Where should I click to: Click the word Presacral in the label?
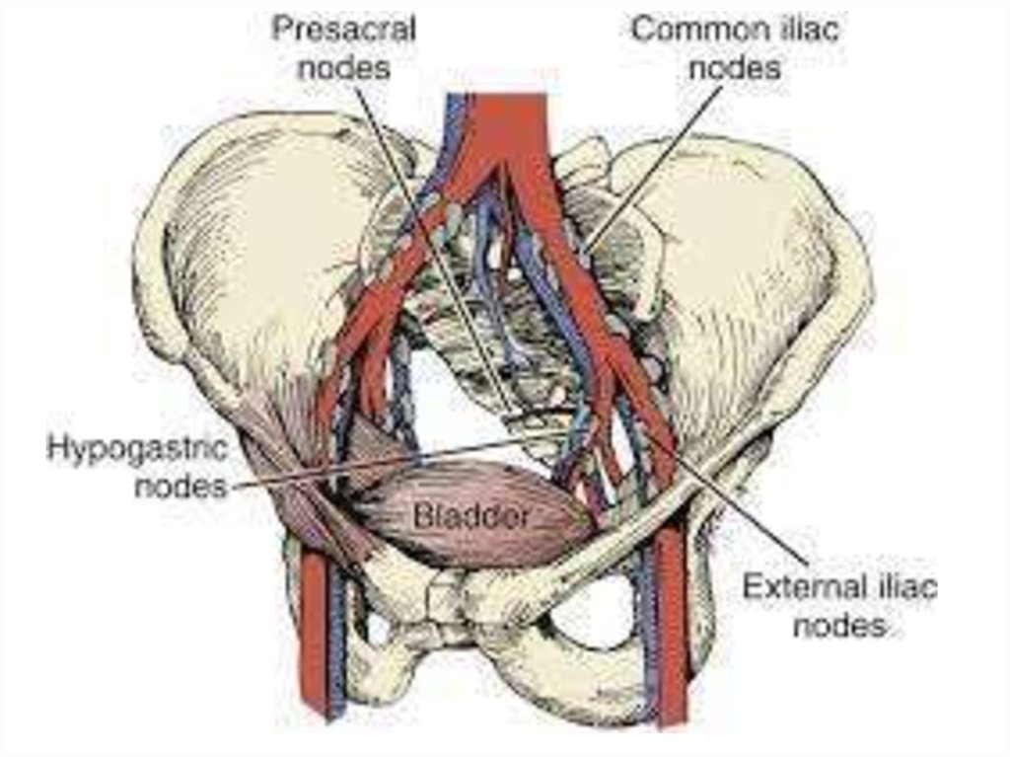tap(342, 29)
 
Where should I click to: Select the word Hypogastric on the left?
tap(138, 448)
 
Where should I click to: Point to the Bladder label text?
tap(471, 515)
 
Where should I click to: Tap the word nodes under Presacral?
tap(342, 68)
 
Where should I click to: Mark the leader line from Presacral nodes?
tap(424, 217)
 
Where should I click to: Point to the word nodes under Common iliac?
tap(735, 68)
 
